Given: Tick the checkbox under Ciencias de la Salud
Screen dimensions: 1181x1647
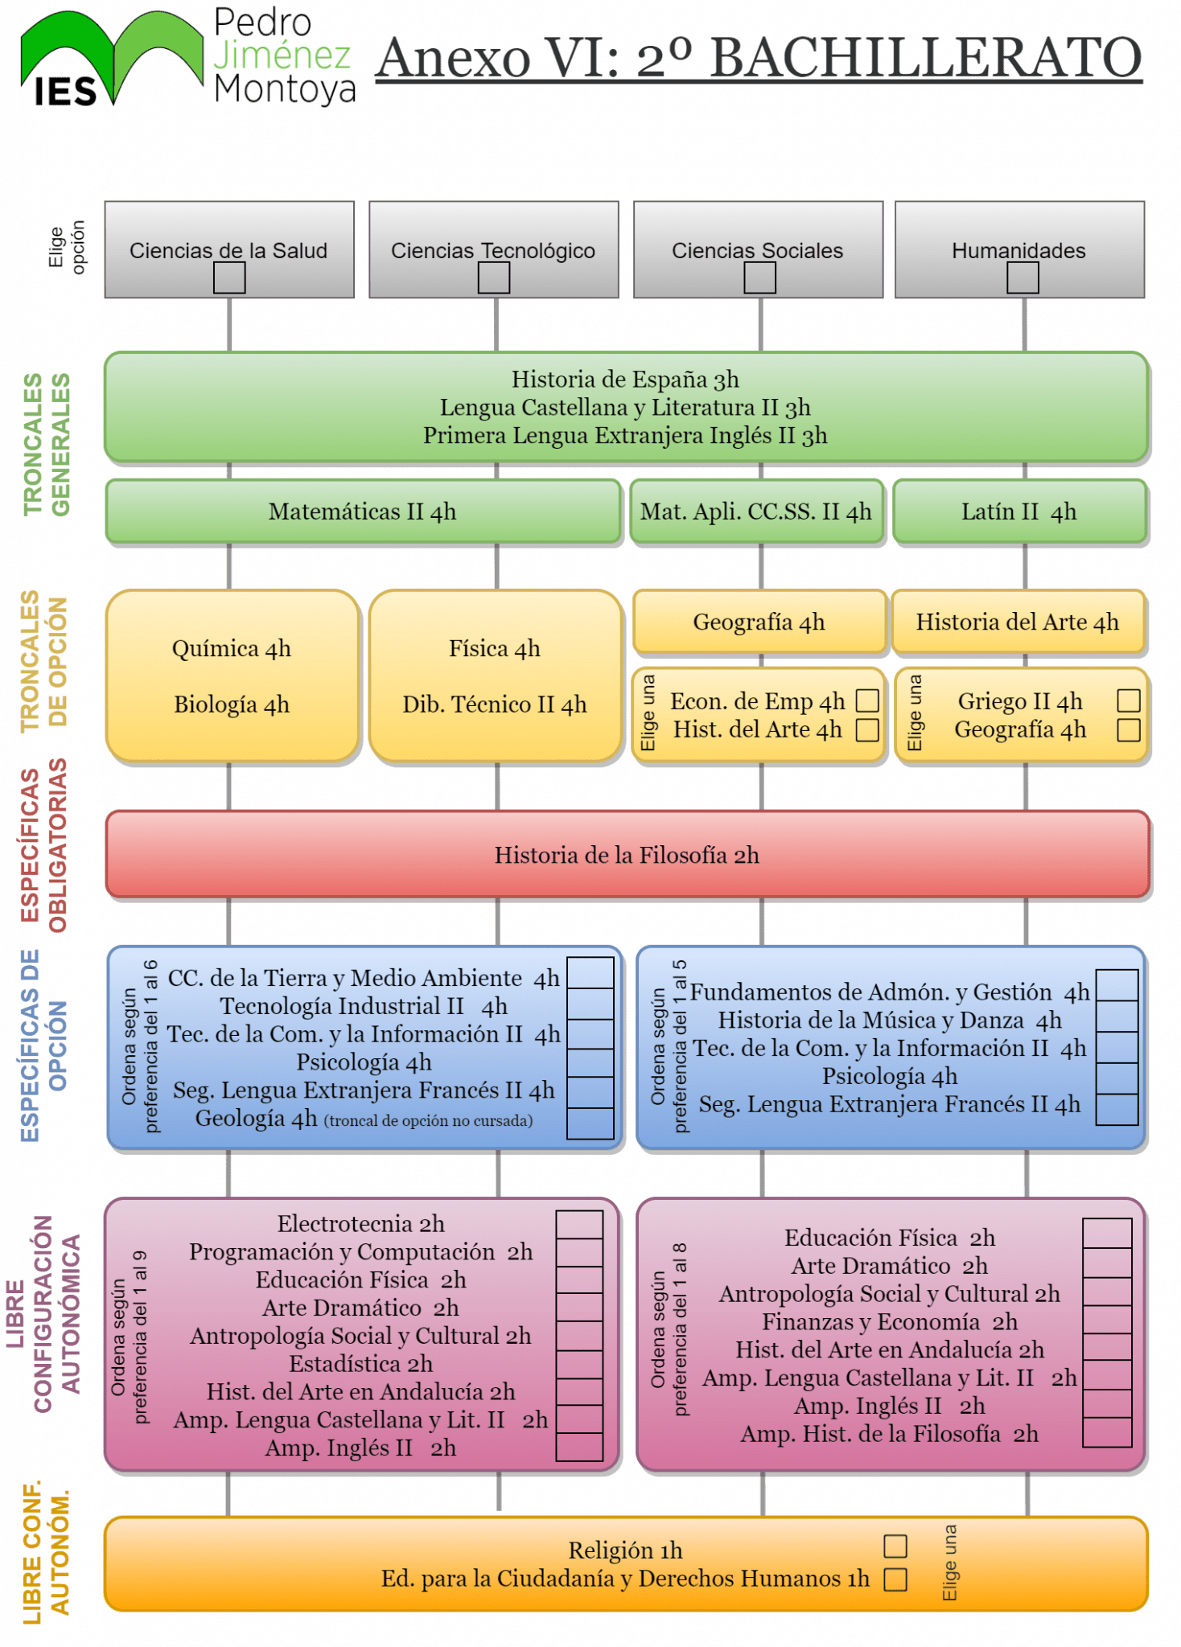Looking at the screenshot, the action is (x=229, y=278).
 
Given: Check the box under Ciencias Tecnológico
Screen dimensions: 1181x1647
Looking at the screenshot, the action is (x=494, y=278).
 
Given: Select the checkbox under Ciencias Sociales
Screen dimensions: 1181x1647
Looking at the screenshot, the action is (x=759, y=278).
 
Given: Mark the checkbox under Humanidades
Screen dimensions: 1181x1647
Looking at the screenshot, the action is (x=1023, y=278).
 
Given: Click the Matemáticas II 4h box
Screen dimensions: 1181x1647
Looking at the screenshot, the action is (x=364, y=511).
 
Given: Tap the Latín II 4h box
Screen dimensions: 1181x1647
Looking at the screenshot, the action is (x=1019, y=511).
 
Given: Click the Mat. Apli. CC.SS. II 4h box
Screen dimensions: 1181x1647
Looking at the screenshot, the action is (x=756, y=511).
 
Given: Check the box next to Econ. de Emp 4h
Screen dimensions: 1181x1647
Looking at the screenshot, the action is (x=867, y=700).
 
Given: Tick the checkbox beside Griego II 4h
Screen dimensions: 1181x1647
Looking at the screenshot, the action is (x=1129, y=700).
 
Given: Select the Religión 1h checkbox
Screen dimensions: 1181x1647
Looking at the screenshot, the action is (x=895, y=1546).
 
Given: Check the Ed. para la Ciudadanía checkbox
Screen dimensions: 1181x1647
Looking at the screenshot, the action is (x=895, y=1579).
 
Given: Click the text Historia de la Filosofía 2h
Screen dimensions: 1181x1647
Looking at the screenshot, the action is (x=627, y=855).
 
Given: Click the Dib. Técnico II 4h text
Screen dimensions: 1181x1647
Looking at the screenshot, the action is (x=495, y=704).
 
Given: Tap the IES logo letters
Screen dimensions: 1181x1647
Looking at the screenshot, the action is (x=65, y=92).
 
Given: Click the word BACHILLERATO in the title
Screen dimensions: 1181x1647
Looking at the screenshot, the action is (x=927, y=58).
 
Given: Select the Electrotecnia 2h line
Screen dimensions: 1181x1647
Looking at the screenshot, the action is (x=361, y=1224).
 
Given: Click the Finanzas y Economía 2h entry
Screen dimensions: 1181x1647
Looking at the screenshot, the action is (x=890, y=1322).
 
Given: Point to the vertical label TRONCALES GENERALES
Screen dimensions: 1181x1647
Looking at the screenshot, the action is (x=47, y=444).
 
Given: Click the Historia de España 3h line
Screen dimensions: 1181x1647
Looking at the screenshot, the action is (x=625, y=380).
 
